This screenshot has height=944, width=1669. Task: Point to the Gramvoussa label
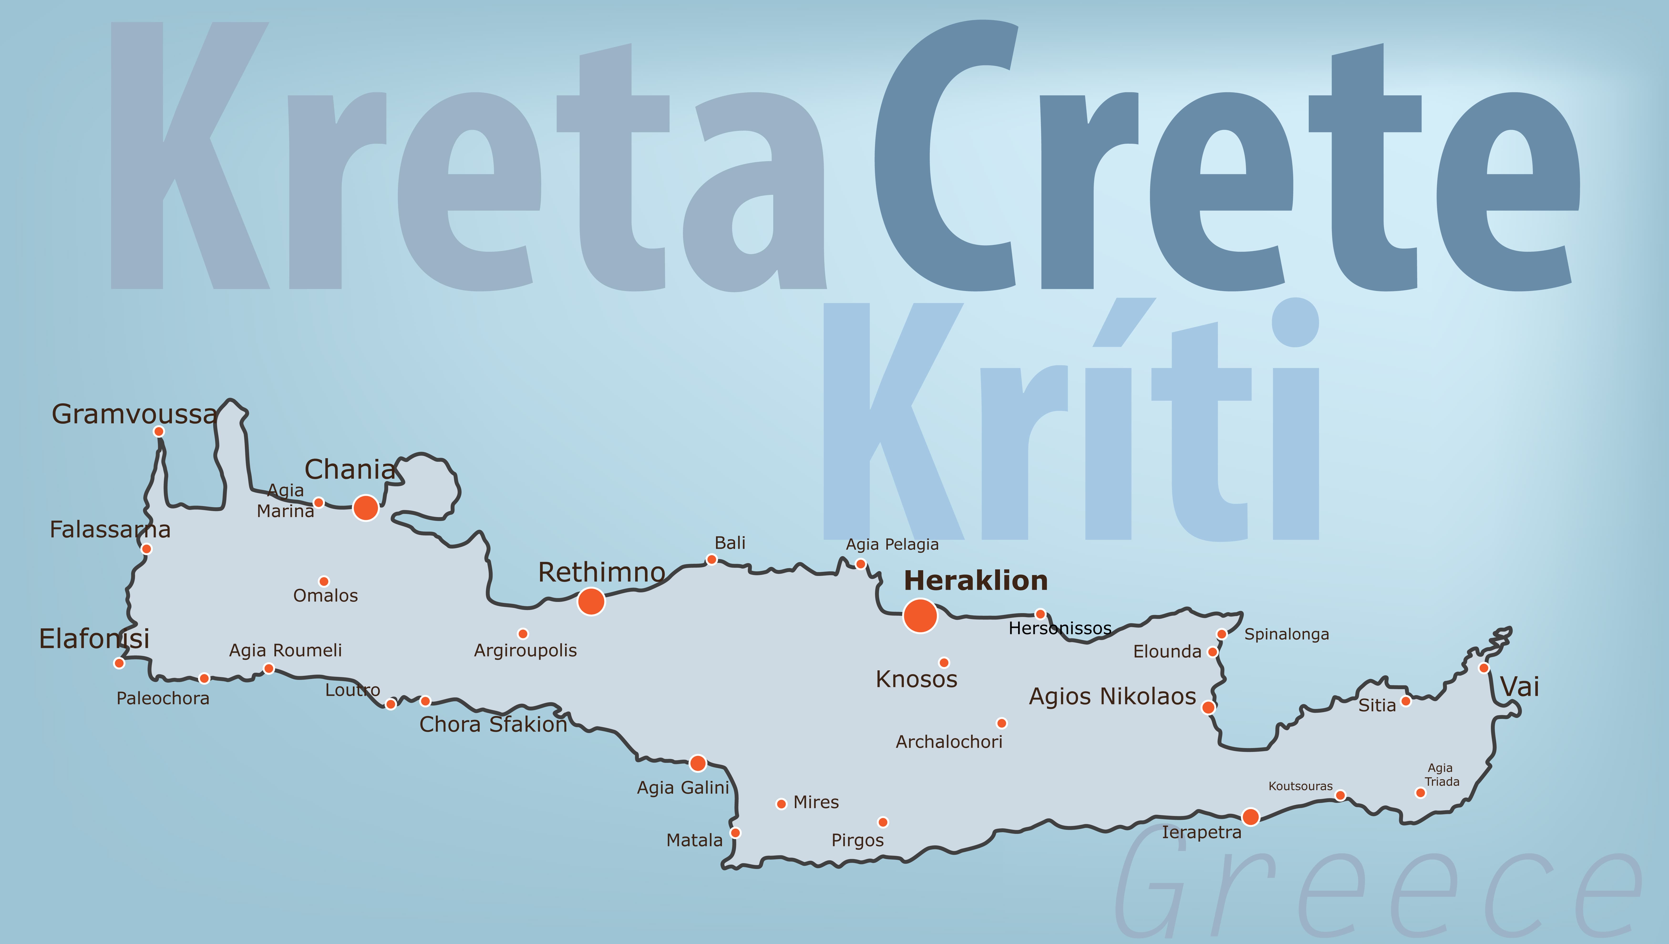click(x=134, y=414)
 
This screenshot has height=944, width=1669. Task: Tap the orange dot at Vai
click(x=1484, y=668)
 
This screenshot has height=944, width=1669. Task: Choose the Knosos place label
click(x=916, y=679)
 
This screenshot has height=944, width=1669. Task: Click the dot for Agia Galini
click(x=698, y=763)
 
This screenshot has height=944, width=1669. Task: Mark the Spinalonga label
click(x=1286, y=634)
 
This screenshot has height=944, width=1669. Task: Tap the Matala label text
click(x=695, y=840)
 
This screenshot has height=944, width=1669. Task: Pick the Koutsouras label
click(x=1300, y=786)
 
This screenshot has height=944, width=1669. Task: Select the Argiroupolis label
click(x=525, y=650)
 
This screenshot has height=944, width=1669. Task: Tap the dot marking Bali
click(x=711, y=559)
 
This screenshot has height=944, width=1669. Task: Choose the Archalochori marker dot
click(x=1002, y=723)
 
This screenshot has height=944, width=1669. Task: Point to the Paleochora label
click(x=163, y=698)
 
